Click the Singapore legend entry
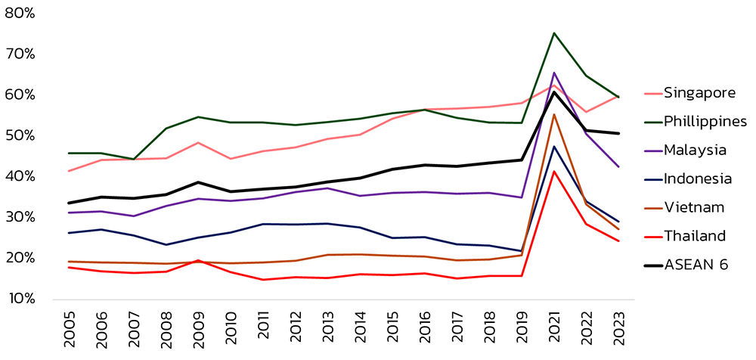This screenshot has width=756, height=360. click(699, 93)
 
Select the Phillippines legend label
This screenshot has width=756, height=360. click(706, 122)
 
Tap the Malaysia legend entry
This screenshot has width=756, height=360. click(696, 151)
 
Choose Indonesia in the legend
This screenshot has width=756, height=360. click(698, 179)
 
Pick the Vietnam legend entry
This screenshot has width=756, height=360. click(694, 208)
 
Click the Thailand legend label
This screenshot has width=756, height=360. click(695, 237)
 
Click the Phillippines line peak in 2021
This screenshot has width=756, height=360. click(554, 33)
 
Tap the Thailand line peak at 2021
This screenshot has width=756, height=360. click(554, 171)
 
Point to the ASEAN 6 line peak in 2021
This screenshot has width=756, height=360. click(554, 92)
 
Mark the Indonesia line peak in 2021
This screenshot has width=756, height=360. click(554, 147)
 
